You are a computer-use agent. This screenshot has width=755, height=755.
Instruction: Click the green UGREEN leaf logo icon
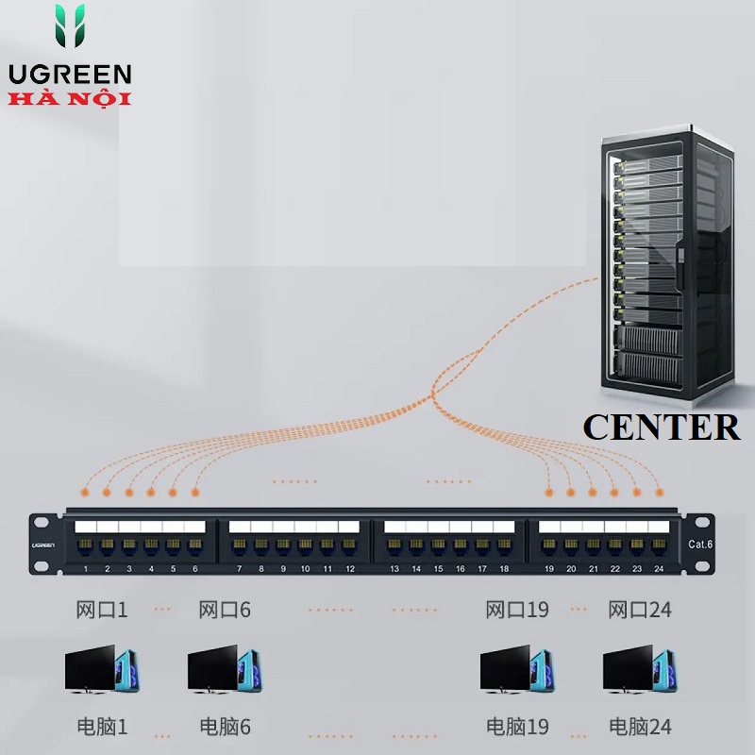(x=70, y=26)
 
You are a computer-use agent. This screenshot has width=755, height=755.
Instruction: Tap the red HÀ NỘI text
(x=70, y=99)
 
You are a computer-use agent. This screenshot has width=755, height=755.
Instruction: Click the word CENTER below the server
(x=662, y=428)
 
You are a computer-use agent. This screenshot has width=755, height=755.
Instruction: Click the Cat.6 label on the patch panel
(x=699, y=545)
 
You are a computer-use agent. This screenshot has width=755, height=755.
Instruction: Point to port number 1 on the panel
(x=86, y=569)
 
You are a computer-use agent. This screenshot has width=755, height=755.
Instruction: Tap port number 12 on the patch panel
(x=350, y=569)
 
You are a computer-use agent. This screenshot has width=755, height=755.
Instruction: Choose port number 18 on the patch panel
(x=504, y=569)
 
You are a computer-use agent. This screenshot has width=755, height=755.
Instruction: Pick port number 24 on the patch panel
(x=659, y=569)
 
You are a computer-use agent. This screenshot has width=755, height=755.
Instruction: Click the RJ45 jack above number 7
(x=240, y=547)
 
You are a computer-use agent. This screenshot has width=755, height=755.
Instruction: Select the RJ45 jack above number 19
(x=549, y=547)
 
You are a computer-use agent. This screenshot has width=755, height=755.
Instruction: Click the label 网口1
(x=102, y=610)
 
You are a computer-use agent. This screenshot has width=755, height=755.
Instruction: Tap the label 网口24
(x=640, y=610)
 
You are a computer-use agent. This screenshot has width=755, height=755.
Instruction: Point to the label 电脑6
(x=225, y=726)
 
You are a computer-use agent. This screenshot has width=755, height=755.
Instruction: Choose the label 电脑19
(x=517, y=726)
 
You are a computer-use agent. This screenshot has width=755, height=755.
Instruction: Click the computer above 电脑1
(x=102, y=669)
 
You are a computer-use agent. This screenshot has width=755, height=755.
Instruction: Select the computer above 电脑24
(x=640, y=669)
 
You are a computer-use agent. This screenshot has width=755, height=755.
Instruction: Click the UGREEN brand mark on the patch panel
(x=43, y=545)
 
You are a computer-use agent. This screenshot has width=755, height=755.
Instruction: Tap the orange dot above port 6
(x=195, y=492)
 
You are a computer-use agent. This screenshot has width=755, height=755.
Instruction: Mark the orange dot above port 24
(x=659, y=492)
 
